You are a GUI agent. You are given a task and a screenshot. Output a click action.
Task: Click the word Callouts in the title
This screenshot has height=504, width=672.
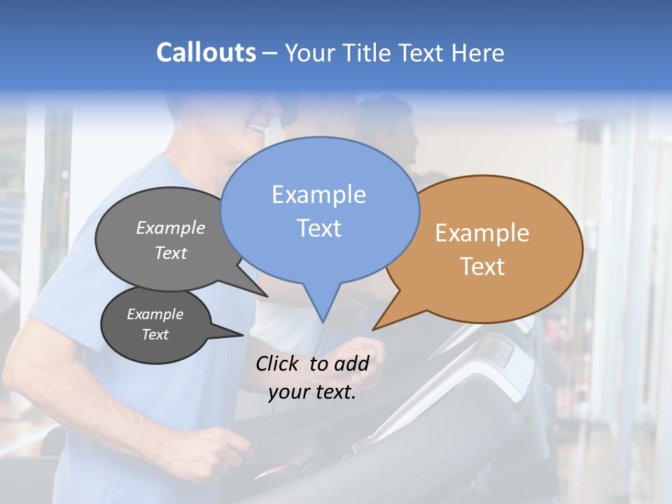point(206,52)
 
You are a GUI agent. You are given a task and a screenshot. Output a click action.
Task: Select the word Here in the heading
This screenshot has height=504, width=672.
point(477,53)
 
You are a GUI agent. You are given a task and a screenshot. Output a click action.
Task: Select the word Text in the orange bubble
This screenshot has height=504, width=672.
point(482,267)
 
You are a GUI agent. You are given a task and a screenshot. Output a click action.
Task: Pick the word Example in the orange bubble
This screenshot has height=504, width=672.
point(482,233)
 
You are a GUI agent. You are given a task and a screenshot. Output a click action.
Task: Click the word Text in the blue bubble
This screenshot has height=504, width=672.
point(319,228)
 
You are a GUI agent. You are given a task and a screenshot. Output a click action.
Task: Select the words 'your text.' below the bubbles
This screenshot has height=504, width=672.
point(312,393)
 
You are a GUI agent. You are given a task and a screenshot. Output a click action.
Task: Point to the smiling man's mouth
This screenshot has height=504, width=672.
point(258,128)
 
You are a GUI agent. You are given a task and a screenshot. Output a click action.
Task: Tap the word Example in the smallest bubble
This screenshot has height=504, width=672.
point(155,314)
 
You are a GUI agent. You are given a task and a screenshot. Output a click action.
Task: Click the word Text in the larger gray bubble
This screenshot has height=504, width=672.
point(170,253)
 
